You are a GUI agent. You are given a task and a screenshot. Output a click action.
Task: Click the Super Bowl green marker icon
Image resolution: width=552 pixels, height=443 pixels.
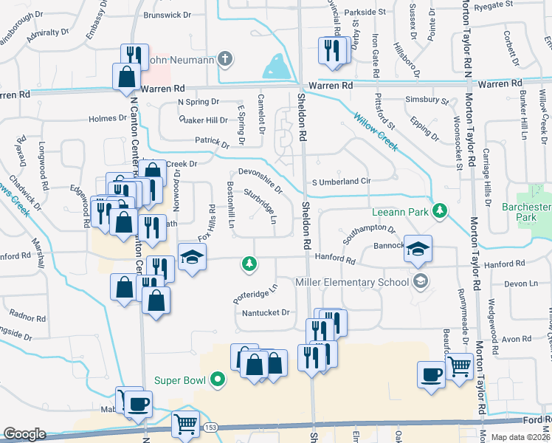217,381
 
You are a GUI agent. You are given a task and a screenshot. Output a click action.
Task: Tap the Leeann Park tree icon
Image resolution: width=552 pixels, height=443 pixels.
440,212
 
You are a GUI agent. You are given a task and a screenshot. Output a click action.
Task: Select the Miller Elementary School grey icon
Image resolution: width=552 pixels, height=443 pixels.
421,281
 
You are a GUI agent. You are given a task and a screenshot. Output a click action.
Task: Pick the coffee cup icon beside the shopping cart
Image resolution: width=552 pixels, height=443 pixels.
430,374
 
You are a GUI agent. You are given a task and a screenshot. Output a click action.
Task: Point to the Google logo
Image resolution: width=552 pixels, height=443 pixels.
24,434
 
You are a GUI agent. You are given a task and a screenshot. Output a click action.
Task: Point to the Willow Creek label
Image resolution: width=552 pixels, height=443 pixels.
376,131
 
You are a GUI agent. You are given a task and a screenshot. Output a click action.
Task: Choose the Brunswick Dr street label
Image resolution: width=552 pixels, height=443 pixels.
166,14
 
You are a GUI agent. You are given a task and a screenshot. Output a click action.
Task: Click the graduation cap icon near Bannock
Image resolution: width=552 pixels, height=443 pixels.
418,250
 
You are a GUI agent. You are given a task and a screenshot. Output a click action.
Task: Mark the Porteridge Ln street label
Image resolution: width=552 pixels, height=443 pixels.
255,293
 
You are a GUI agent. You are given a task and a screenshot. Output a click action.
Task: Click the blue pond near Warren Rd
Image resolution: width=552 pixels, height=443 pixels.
278,68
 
